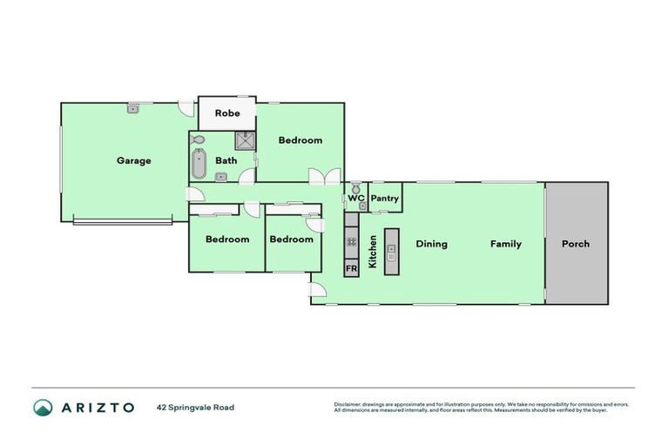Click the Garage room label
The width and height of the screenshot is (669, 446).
[134, 160]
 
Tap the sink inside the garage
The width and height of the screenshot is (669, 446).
[133, 109]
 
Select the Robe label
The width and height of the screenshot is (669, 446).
[227, 113]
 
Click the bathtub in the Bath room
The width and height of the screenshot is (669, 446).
[199, 164]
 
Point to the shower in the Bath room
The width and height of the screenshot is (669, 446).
[245, 141]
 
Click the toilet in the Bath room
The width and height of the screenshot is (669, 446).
[197, 139]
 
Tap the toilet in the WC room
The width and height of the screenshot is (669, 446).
[356, 189]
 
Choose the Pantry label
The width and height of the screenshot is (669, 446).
[384, 199]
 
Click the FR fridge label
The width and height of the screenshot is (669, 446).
[351, 269]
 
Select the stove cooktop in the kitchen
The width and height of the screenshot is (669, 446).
[351, 242]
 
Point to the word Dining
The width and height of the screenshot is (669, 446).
[431, 244]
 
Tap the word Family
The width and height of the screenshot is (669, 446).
[505, 244]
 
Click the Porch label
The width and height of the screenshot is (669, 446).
[575, 244]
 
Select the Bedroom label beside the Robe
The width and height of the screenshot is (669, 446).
[301, 140]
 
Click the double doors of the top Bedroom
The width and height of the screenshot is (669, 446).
[323, 176]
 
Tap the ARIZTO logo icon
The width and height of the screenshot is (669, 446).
[43, 408]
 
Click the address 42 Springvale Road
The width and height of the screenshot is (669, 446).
[195, 408]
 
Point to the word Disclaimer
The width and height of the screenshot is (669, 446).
[349, 404]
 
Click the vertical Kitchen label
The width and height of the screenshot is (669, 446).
[373, 251]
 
